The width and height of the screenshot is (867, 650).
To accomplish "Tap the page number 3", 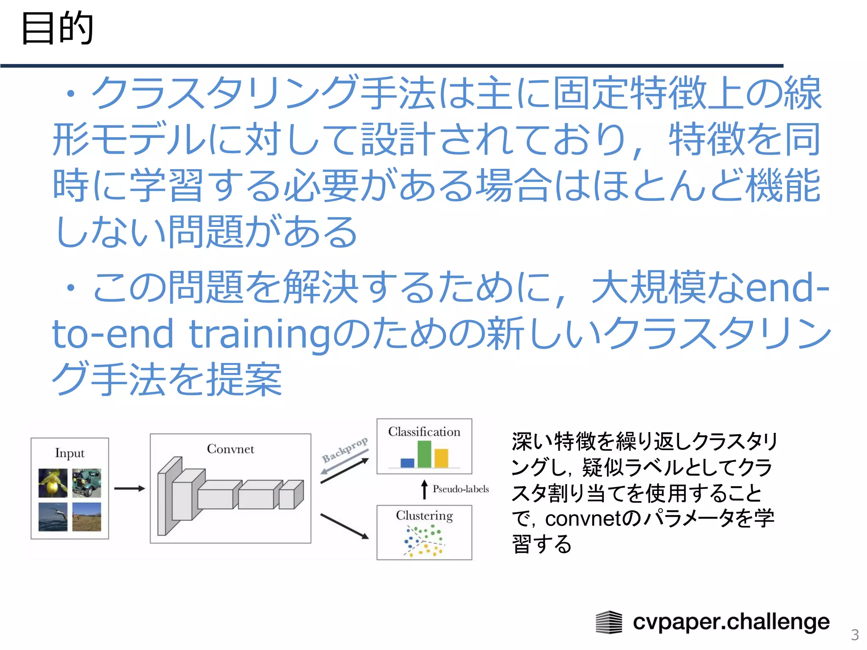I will pos(855,635).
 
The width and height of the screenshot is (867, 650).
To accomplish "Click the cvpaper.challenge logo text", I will pos(731,622).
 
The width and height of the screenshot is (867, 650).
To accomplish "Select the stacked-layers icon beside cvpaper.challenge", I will pos(609,622).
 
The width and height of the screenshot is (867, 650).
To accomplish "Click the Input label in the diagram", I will pos(69,453).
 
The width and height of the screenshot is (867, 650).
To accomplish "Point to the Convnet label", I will pos(230,449).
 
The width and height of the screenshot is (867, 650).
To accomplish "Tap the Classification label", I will pos(424,432).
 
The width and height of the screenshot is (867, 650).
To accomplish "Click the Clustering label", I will pos(424,515).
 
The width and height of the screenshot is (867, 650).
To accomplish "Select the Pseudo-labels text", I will pos(461,489).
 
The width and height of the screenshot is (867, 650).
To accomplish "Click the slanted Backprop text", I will pos(345,450).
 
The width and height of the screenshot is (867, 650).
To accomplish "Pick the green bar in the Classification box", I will pos(424,454).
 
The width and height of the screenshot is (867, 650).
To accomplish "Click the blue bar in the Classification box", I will pos(407,463).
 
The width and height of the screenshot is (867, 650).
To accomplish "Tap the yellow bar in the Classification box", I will pos(441,458).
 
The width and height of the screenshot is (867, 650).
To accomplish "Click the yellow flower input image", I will pos(53,483).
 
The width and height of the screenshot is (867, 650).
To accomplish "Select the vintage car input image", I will pos(87,483).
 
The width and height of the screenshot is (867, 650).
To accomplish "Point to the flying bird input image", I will pos(53,517).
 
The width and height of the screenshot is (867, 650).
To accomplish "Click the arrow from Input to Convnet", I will pos(129,488).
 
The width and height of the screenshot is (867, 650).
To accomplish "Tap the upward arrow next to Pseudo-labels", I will pos(424,489).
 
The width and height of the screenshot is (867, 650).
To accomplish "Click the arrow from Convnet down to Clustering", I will pos(344,526).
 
